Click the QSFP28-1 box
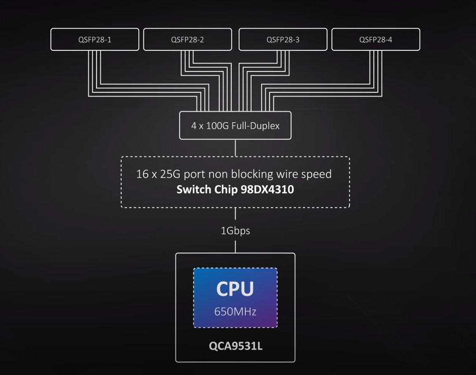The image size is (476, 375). tap(94, 40)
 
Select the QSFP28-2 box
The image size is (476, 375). tap(187, 40)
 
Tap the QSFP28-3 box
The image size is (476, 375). tap(283, 40)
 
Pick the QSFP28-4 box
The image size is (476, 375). tap(375, 40)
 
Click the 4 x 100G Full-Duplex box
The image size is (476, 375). tap(235, 126)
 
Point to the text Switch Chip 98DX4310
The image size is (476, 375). tap(235, 190)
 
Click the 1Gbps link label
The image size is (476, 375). tap(235, 230)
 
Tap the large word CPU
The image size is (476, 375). tap(235, 289)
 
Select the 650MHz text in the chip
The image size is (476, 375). tap(235, 311)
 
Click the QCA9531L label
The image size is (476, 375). tap(235, 346)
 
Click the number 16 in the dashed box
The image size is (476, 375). tap(142, 174)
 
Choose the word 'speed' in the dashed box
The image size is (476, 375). tap(316, 174)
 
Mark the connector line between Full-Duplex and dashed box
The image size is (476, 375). tap(235, 148)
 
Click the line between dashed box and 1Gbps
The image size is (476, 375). tap(235, 214)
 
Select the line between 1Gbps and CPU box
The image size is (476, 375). tap(235, 245)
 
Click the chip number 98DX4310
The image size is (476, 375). tap(267, 190)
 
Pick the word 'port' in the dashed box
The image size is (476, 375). tap(194, 174)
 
